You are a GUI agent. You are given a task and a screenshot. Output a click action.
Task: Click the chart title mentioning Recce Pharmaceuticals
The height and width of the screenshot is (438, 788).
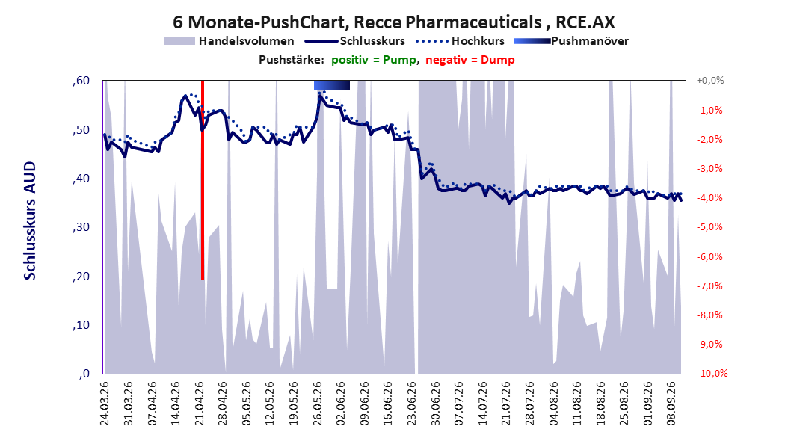[393, 22]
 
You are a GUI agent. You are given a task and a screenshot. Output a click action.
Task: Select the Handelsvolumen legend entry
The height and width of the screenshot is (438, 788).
[229, 41]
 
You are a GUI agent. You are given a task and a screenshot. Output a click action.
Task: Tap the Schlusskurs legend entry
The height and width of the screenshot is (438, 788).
[355, 41]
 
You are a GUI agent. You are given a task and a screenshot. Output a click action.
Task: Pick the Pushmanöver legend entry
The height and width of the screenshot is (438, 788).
[571, 41]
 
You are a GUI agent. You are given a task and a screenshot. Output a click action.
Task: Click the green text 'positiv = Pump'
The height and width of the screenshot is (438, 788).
[373, 60]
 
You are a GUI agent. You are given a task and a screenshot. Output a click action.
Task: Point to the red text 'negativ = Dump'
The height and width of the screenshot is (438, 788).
[470, 60]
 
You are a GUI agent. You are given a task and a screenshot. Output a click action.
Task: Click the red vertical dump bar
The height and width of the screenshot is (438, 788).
[203, 180]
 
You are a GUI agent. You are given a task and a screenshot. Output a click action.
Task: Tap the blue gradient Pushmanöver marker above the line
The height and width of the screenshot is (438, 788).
[332, 85]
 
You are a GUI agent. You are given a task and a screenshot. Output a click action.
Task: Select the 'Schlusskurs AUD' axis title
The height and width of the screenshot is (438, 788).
[30, 220]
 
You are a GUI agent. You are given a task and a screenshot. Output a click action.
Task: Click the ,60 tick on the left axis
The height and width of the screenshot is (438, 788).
[81, 81]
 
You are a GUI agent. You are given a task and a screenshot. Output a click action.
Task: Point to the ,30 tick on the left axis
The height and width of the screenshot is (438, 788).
[81, 227]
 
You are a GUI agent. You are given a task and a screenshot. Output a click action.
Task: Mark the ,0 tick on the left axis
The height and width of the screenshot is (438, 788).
[84, 374]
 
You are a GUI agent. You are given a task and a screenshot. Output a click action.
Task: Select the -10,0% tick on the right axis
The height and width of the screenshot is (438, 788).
[712, 373]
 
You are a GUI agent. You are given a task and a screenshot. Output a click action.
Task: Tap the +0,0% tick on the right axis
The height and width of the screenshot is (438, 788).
[709, 81]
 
